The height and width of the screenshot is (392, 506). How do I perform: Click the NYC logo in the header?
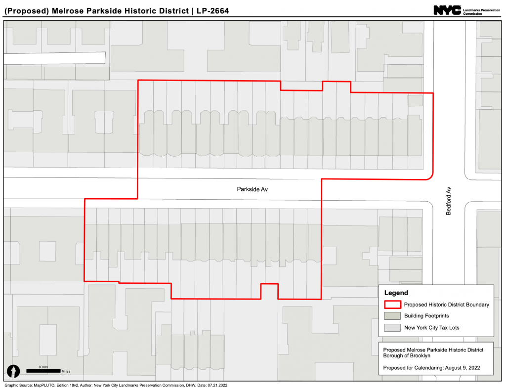pos(447,10)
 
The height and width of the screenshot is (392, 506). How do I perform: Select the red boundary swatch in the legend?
pos(392,305)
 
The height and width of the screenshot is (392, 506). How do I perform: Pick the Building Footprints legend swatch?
pos(392,315)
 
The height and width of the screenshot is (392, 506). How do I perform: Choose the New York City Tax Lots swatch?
pos(392,327)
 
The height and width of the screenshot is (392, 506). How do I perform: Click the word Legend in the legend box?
pos(396,293)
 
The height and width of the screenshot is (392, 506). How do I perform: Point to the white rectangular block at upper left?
pos(54,58)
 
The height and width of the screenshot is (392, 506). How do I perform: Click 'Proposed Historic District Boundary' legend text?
pos(446,305)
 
